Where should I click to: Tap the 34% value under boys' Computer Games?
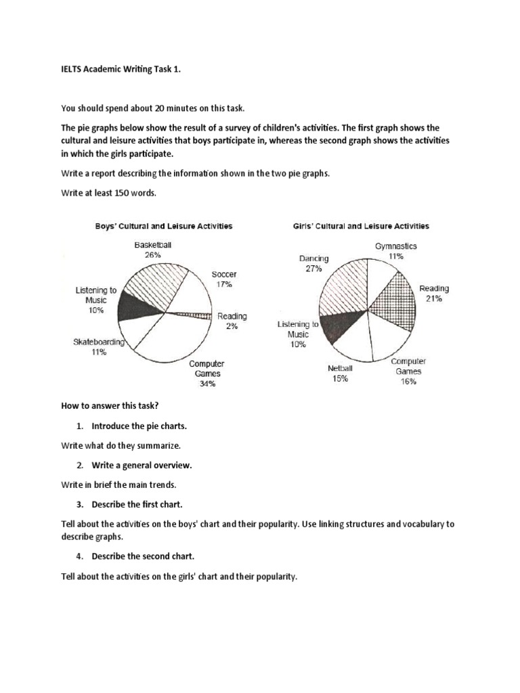[x=207, y=384]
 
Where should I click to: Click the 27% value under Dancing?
[x=312, y=269]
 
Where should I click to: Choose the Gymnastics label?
[x=396, y=246]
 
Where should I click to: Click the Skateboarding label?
[x=99, y=342]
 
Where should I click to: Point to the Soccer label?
[x=224, y=275]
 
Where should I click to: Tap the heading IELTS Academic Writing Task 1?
[x=112, y=76]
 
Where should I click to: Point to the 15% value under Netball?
[x=340, y=379]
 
